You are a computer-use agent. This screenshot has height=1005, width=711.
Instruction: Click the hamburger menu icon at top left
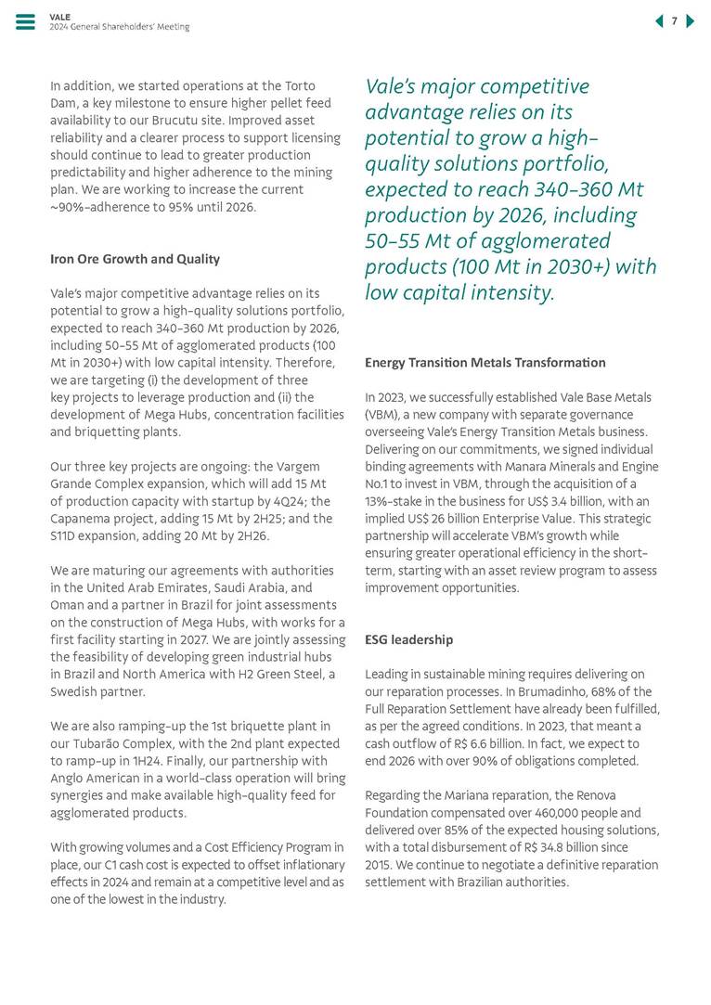pyautogui.click(x=25, y=22)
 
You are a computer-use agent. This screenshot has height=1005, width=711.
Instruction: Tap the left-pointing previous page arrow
pyautogui.click(x=659, y=21)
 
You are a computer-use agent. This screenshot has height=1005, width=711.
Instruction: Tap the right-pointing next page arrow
pyautogui.click(x=690, y=21)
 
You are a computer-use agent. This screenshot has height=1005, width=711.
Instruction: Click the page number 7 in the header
pyautogui.click(x=675, y=21)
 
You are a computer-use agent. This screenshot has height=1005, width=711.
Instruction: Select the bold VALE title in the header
pyautogui.click(x=58, y=17)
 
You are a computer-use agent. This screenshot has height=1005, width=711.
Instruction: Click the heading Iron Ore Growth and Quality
pyautogui.click(x=135, y=259)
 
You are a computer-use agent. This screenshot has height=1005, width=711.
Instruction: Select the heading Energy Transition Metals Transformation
pyautogui.click(x=485, y=363)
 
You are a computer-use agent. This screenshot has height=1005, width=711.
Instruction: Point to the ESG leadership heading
pyautogui.click(x=409, y=640)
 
